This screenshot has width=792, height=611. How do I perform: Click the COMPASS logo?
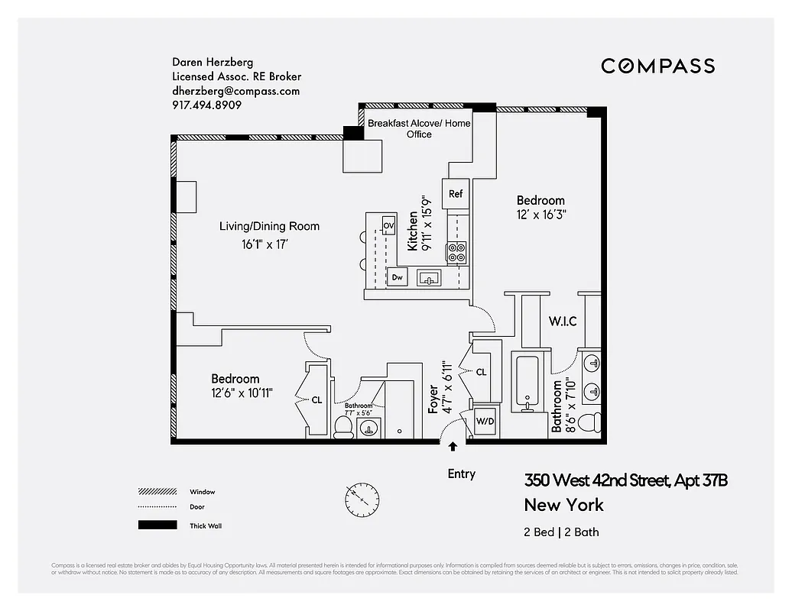657,66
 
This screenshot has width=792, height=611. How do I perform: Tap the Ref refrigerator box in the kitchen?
456,194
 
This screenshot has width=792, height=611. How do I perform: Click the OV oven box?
388,225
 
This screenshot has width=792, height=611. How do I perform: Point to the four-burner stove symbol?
456,253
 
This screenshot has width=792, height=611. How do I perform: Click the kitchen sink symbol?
429,278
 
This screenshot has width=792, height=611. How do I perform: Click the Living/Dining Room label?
269,226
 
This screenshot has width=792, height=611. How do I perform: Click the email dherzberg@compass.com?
235,91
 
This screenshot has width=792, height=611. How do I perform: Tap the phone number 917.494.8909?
206,105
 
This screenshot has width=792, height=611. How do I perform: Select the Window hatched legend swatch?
156,492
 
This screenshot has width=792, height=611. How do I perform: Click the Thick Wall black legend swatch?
156,525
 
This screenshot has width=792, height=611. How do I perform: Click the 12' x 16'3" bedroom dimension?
540,215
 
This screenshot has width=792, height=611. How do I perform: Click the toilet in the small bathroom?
344,428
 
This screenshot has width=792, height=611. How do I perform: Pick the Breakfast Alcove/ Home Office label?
419,128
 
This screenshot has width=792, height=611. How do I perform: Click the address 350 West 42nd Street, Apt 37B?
625,480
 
